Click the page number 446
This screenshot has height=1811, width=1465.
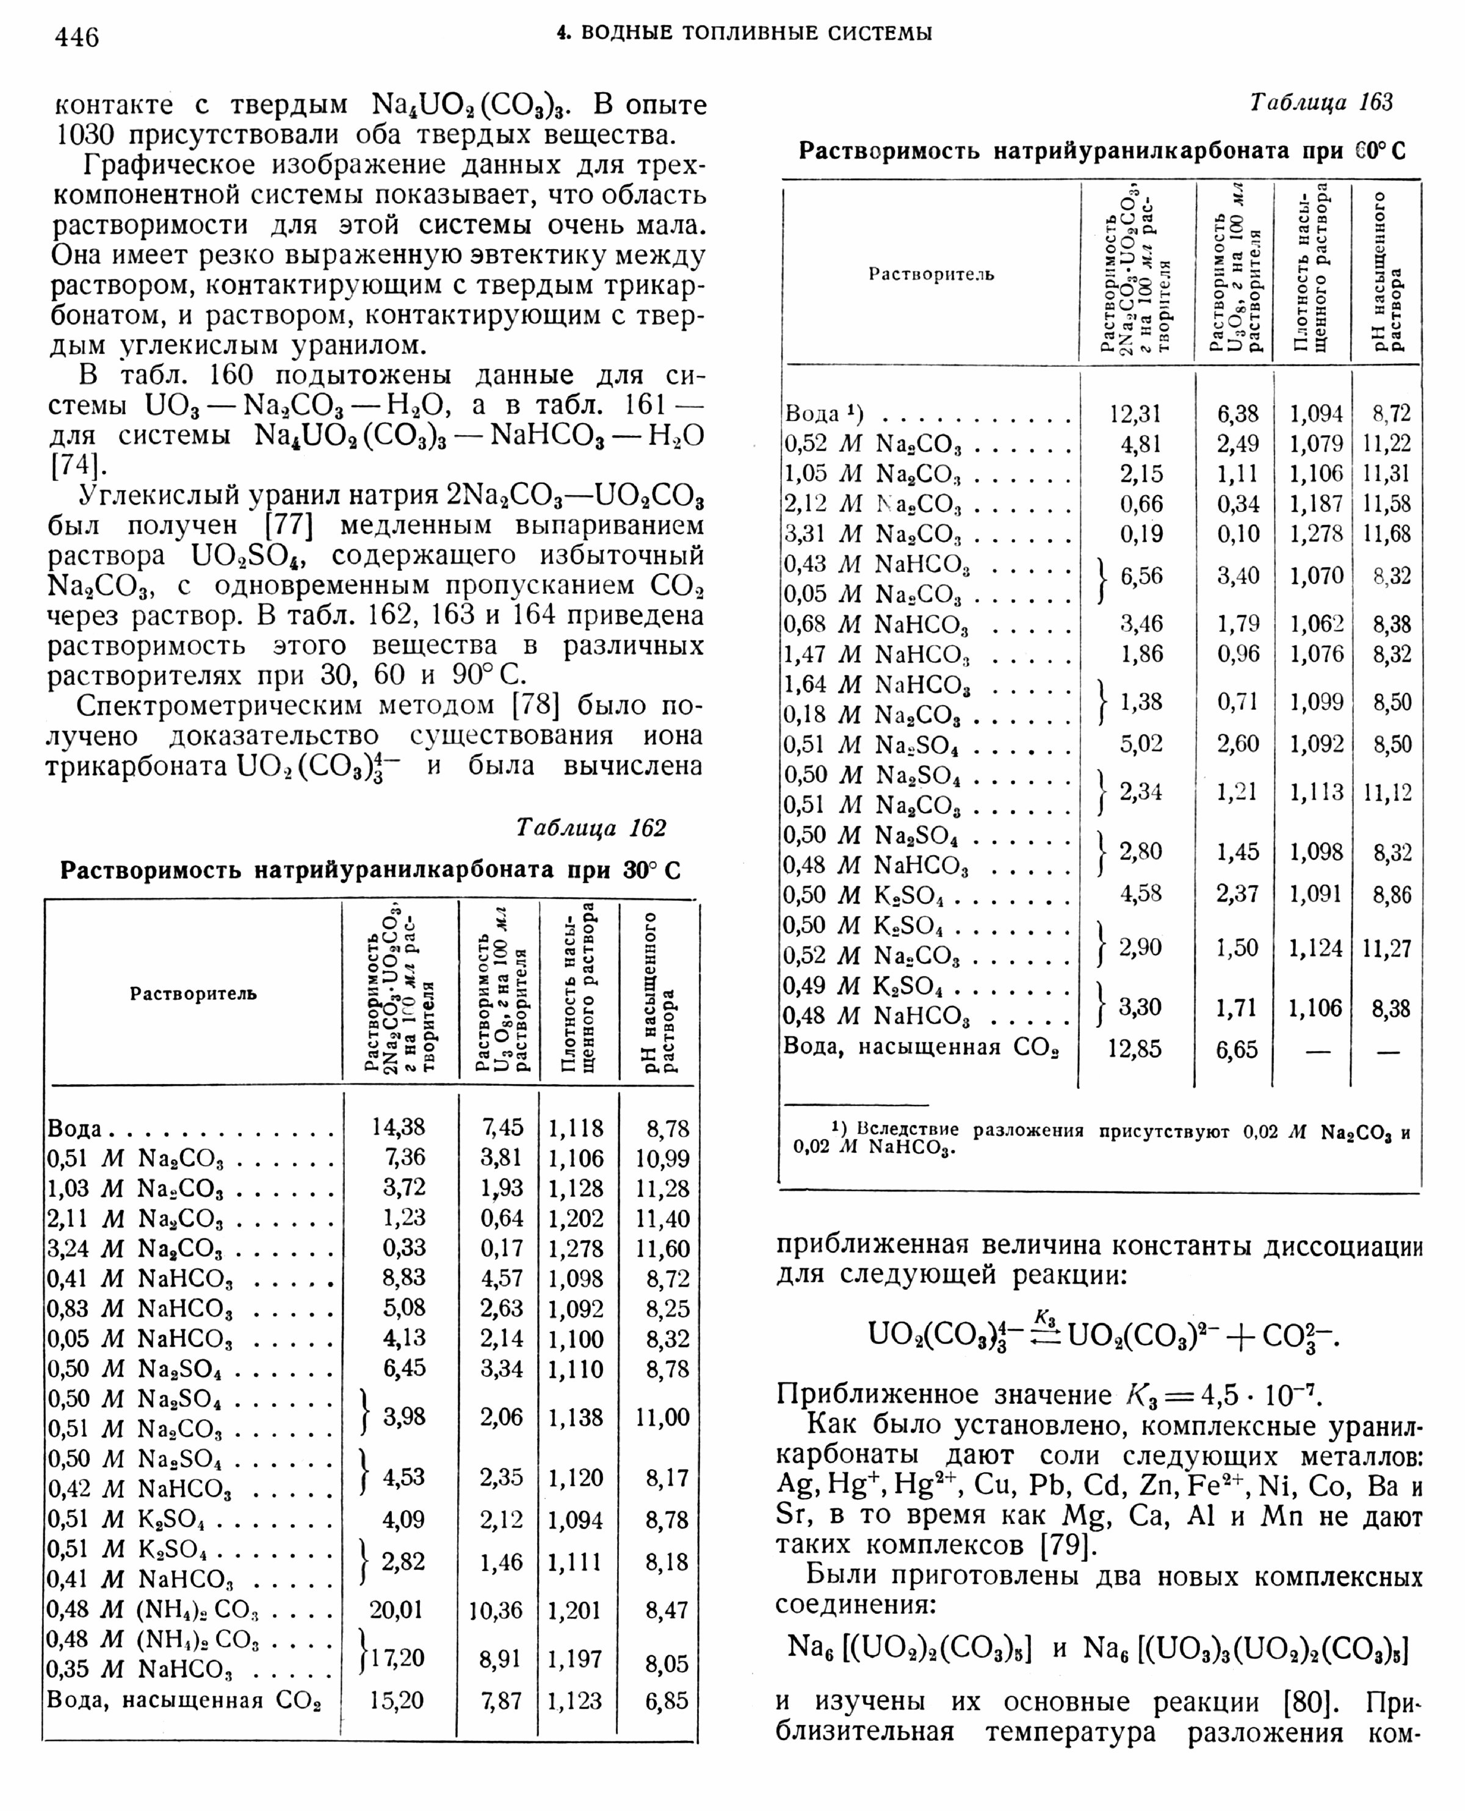point(77,37)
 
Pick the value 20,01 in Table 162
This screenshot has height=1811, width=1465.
point(395,1610)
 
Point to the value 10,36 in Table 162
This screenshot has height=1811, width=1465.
point(496,1610)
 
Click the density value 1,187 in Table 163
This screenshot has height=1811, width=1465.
point(1315,504)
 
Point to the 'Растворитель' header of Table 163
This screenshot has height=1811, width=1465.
point(931,274)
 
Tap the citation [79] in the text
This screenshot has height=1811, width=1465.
point(1068,1545)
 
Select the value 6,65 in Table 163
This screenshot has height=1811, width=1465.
point(1237,1050)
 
